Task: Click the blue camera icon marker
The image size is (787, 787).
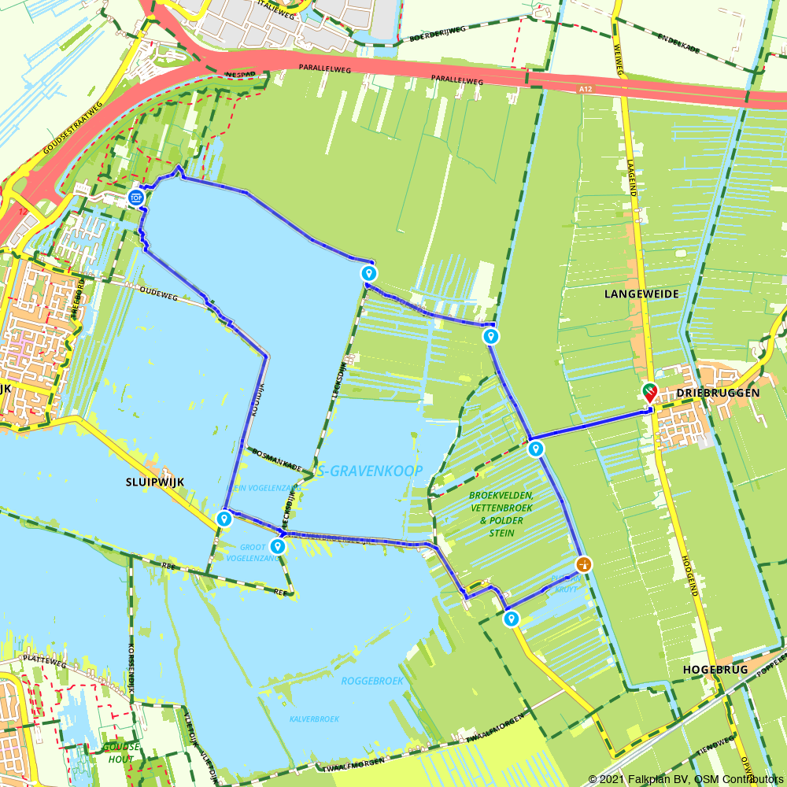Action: pyautogui.click(x=136, y=197)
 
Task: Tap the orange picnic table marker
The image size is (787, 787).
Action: pyautogui.click(x=583, y=563)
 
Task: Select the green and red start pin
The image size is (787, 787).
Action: pyautogui.click(x=649, y=391)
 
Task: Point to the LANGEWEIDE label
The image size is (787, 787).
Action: pyautogui.click(x=641, y=294)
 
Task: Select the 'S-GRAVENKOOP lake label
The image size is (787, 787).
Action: pyautogui.click(x=371, y=471)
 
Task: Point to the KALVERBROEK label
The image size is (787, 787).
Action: pyautogui.click(x=314, y=719)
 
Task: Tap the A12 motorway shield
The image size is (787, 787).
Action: pyautogui.click(x=585, y=90)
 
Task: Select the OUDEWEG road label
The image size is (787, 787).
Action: pyautogui.click(x=160, y=292)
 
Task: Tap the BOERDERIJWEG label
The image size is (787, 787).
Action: pyautogui.click(x=438, y=34)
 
